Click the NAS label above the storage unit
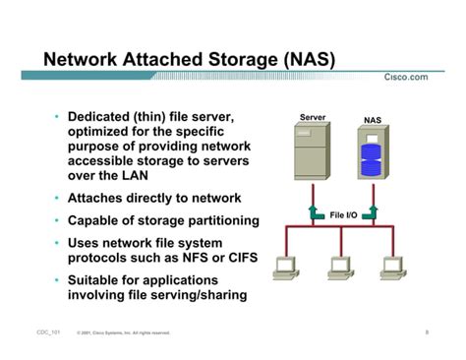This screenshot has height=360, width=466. (x=372, y=120)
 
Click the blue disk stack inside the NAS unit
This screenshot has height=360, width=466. (x=371, y=157)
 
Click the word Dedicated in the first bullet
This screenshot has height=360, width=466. (x=99, y=118)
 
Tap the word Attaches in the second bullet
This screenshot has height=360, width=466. (x=96, y=198)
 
